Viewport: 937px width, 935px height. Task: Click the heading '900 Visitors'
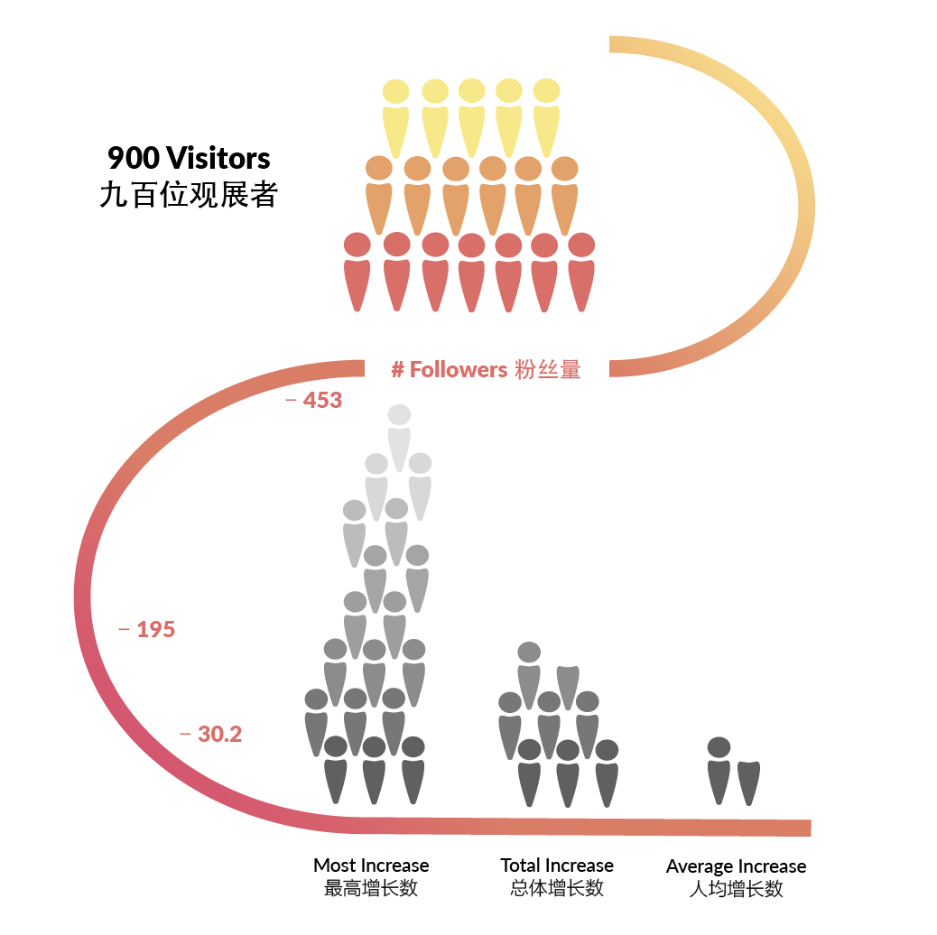[189, 158]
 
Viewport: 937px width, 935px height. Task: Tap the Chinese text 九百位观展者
[188, 195]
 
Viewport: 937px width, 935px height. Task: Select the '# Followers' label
[449, 369]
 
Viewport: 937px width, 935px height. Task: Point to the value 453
[322, 400]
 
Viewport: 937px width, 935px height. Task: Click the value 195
[155, 630]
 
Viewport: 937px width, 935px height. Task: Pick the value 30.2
[219, 735]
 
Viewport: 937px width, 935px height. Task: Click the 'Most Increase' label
[371, 866]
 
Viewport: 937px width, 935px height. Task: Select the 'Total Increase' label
[557, 866]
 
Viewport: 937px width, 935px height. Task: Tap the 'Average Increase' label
[736, 866]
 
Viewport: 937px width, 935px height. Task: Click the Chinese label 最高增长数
[371, 888]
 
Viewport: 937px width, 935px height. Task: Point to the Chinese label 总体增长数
[557, 888]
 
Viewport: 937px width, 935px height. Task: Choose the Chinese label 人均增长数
[736, 889]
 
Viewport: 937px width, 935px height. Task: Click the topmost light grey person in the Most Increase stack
[399, 437]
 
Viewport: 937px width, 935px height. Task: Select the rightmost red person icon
[581, 271]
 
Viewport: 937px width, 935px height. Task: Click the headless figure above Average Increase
[749, 782]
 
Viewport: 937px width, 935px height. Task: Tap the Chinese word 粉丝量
[547, 369]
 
